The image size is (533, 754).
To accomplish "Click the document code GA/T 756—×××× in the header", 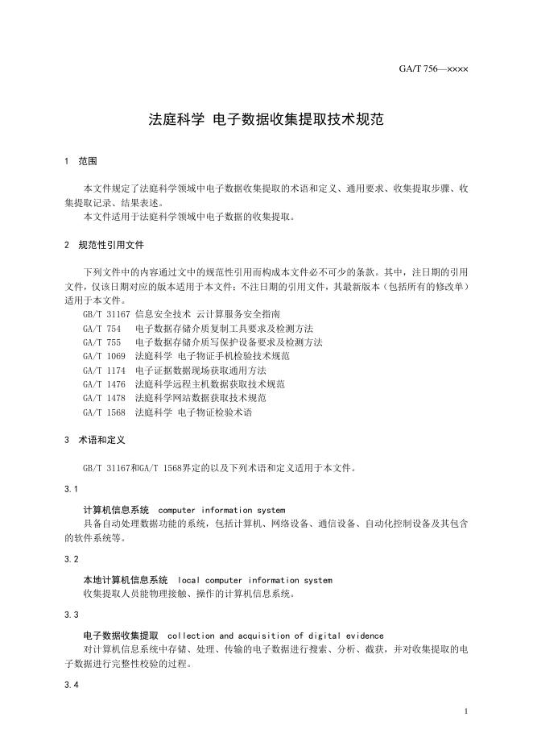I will coord(433,68).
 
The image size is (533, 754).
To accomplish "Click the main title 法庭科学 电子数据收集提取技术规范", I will coord(266,119).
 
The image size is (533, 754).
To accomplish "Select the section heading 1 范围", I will coord(81,161).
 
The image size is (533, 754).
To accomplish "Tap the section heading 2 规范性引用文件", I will coord(104,244).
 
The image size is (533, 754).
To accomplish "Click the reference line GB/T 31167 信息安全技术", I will coord(181,314).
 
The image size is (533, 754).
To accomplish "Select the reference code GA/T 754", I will coord(101,328).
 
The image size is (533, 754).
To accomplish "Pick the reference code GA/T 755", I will coord(101,342).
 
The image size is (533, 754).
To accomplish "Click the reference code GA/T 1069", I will coord(104,355).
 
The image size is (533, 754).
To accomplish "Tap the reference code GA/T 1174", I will coord(104,370).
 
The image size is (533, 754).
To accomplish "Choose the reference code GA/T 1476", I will coord(104,383).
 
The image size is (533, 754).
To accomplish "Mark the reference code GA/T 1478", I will coord(104,397).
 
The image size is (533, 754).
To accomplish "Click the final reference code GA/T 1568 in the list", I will coord(104,412).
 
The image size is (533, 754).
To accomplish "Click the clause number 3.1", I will coord(71,489).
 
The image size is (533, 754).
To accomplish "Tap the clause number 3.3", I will coord(71,615).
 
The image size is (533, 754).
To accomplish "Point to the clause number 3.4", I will coord(71,684).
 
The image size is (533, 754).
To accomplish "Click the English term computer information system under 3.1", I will coord(221,510).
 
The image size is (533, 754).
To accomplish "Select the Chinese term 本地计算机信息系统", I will coord(126,580).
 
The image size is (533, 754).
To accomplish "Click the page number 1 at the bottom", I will coord(466,711).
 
